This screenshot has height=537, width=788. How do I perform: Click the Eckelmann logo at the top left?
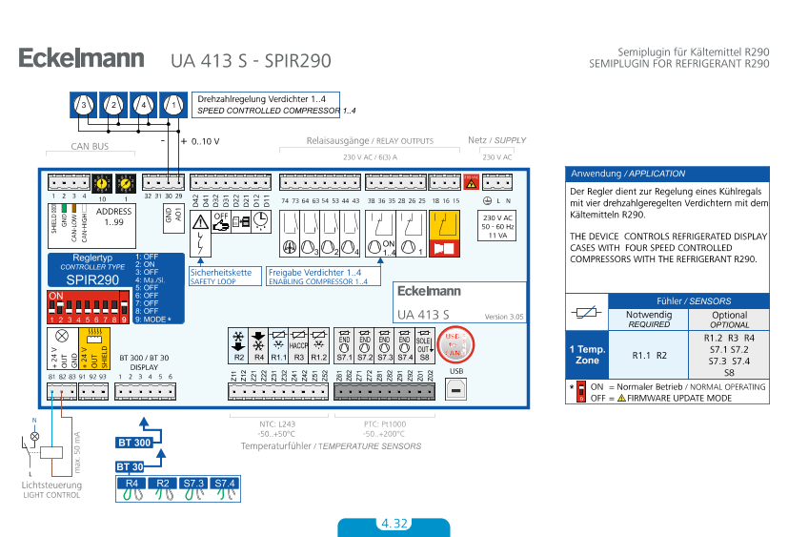point(82,58)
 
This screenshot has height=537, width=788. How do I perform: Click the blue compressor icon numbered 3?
point(82,103)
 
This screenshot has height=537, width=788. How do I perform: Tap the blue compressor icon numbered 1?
point(172,103)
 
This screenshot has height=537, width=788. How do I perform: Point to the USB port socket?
point(456,388)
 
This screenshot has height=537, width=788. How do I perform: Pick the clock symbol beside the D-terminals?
point(261,222)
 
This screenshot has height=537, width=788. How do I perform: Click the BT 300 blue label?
point(134,443)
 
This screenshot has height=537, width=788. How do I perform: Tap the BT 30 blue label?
point(131,466)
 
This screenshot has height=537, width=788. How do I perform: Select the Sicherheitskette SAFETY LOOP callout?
point(221,277)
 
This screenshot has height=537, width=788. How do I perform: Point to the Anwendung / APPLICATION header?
point(666,174)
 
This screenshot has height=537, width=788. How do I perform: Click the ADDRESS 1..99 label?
point(115,217)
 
